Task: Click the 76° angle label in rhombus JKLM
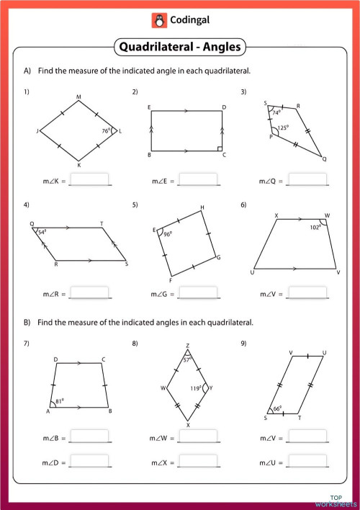pyautogui.click(x=105, y=131)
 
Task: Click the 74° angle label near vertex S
pyautogui.click(x=276, y=112)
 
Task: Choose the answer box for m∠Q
pyautogui.click(x=306, y=179)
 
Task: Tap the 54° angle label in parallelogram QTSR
pyautogui.click(x=42, y=232)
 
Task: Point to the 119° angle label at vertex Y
pyautogui.click(x=196, y=389)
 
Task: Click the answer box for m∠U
pyautogui.click(x=306, y=460)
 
